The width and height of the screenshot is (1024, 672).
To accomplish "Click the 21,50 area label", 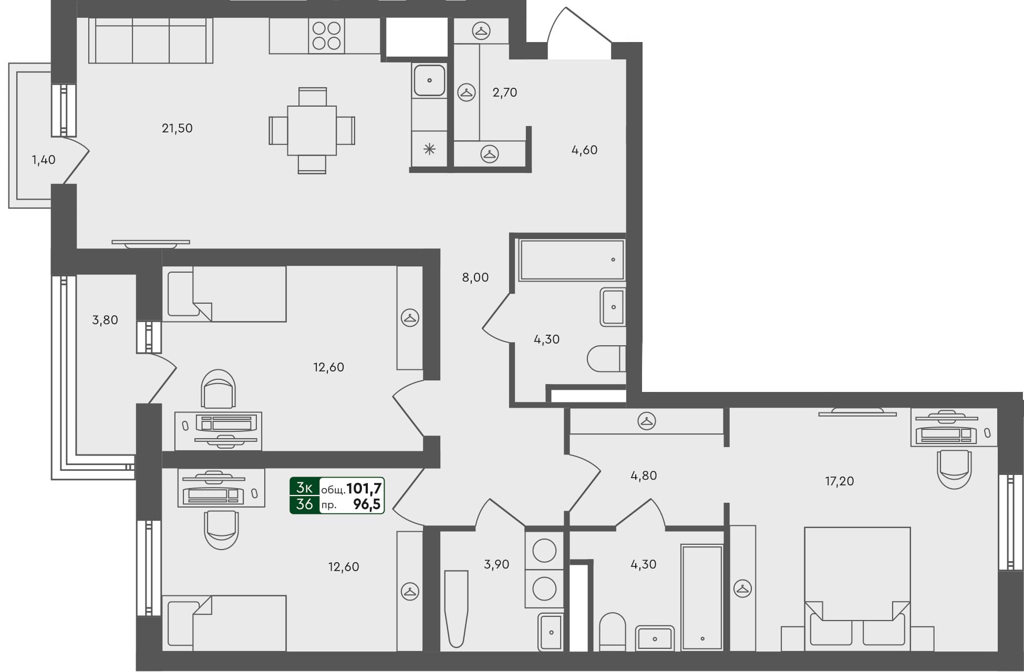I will [177, 128].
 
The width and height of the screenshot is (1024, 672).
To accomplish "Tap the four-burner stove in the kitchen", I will [326, 35].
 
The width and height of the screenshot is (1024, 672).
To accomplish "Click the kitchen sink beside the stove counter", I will [429, 80].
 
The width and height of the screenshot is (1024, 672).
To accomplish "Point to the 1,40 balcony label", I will [44, 160].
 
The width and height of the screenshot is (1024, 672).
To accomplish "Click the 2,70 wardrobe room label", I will [504, 92].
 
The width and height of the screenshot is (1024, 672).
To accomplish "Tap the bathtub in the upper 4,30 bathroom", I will [571, 260].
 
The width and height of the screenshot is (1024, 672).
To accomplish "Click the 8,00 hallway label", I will [475, 277].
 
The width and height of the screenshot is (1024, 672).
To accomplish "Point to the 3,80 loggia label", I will [105, 320].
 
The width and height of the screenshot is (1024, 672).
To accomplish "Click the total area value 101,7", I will [364, 489].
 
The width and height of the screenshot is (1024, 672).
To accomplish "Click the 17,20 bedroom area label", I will [839, 481].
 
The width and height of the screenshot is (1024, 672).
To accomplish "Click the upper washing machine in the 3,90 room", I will [544, 551].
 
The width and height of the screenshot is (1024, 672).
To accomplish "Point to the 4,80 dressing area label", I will [643, 475].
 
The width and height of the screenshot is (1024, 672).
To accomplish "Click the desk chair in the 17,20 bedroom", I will [954, 469].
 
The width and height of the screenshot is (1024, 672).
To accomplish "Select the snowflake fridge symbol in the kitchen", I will [429, 150].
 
